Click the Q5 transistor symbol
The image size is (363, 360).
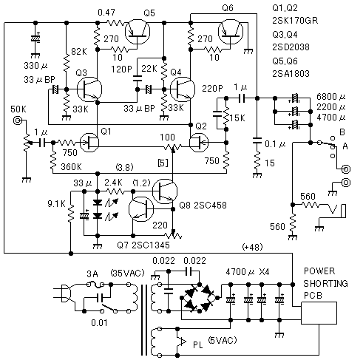click(x=138, y=32)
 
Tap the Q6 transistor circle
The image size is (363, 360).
click(x=231, y=32)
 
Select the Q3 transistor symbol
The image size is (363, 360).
click(x=89, y=89)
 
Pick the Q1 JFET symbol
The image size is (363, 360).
click(x=89, y=143)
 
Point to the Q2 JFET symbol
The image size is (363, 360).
click(x=199, y=143)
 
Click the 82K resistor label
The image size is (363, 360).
click(x=79, y=52)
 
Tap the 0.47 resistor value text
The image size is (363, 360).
click(x=106, y=13)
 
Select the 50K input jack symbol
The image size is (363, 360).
click(x=18, y=120)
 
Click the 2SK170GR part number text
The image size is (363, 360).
click(x=295, y=21)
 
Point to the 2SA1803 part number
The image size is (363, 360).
click(x=291, y=73)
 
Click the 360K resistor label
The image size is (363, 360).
click(x=71, y=167)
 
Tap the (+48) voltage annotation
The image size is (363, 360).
click(x=252, y=247)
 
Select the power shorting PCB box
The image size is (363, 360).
click(x=319, y=313)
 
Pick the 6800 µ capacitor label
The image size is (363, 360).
click(x=330, y=97)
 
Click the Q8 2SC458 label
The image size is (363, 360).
click(x=203, y=206)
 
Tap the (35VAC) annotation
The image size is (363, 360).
click(x=127, y=273)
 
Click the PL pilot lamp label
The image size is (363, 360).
click(x=198, y=345)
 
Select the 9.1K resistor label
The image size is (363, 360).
click(x=56, y=204)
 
